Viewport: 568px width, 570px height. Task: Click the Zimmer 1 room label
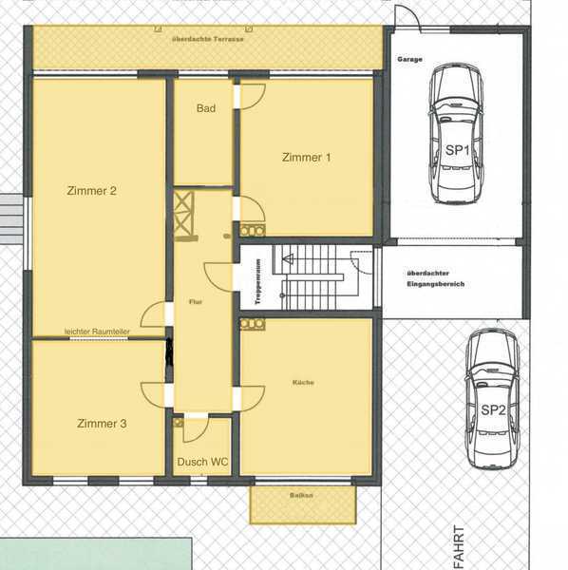point(307,158)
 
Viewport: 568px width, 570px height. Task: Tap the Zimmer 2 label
point(91,191)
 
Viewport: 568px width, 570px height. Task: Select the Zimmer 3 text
point(102,424)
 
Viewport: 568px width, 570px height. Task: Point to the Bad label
point(206,108)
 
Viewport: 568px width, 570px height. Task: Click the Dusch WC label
point(202,462)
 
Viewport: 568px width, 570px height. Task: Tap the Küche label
point(303,383)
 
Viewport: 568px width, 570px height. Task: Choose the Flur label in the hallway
point(196,302)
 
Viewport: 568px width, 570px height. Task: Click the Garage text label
point(409,59)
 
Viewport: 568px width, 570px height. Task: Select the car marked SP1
point(457,133)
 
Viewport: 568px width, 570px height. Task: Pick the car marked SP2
point(492,398)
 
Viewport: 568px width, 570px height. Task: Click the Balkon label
point(301,495)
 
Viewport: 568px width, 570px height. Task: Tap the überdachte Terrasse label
point(207,39)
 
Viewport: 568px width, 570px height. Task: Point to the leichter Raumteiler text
point(97,332)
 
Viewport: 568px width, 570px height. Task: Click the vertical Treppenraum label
point(258,282)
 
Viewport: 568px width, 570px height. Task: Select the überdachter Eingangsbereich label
point(436,278)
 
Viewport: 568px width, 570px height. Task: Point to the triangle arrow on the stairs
point(288,259)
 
